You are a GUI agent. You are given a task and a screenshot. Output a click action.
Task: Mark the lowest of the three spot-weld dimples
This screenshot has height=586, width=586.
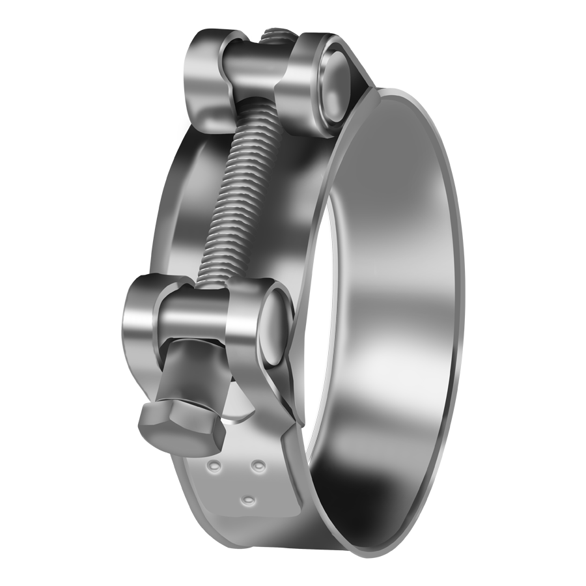coord(247,499)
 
